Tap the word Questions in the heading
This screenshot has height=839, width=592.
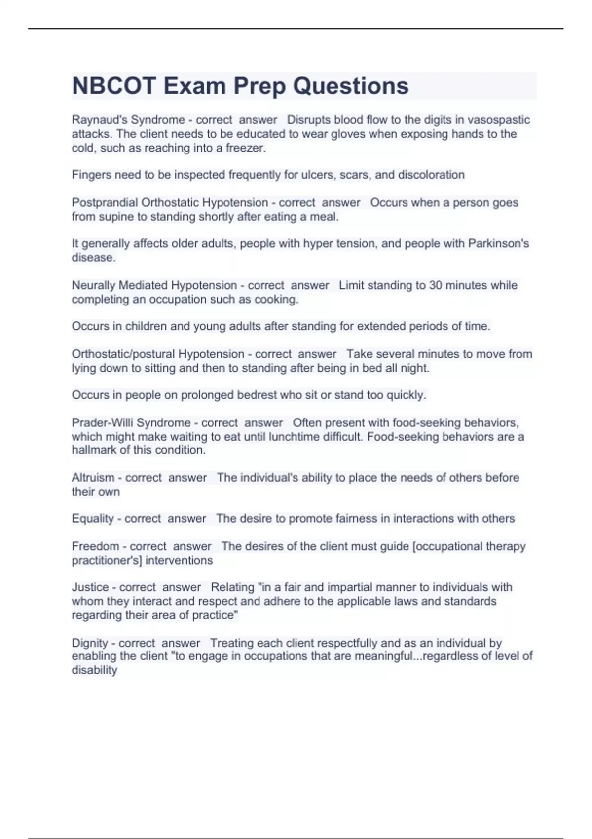[x=351, y=86]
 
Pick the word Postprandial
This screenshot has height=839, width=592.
[x=105, y=202]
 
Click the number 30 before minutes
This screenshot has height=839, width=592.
[x=436, y=285]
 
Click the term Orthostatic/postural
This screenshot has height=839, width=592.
[x=123, y=354]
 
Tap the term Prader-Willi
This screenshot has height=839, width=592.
[x=103, y=422]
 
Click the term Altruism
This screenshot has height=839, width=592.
[x=93, y=477]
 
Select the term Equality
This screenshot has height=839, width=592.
[x=92, y=518]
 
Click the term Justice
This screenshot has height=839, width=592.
[x=90, y=587]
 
